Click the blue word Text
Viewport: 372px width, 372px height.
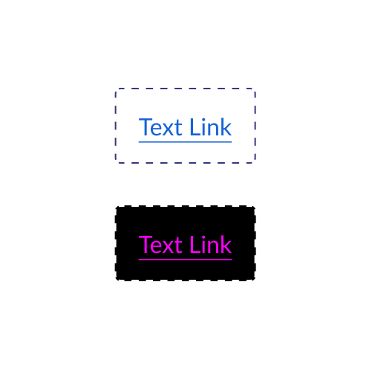160,127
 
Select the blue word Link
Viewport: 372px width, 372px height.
211,127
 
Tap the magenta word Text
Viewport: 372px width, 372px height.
160,245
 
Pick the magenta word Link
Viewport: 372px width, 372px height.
211,245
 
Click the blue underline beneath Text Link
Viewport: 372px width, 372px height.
185,142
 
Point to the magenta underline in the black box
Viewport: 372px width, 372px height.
185,260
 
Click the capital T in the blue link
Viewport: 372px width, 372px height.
145,127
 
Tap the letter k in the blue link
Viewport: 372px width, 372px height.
226,127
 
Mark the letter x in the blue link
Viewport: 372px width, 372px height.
170,129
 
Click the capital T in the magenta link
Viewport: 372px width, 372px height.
145,245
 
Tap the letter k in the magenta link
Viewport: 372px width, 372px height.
226,245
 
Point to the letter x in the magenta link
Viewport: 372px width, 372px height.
170,247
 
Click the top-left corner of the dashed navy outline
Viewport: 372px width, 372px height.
116,89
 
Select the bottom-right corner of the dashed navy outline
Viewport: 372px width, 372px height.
255,163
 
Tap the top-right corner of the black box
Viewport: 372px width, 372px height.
255,206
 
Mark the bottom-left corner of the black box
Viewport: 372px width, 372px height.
116,280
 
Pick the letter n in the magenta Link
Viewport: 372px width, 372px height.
212,247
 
